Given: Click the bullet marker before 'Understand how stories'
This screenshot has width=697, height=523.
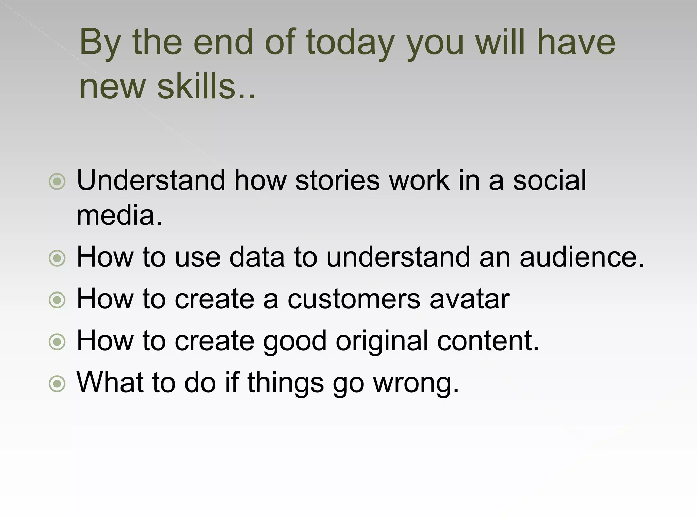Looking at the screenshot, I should pos(57,181).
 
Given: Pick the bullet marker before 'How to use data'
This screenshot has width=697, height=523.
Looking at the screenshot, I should pos(57,258).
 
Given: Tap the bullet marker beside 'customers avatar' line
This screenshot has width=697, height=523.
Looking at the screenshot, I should pos(57,300).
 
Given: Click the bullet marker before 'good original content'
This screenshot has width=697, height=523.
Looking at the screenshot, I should pos(57,342).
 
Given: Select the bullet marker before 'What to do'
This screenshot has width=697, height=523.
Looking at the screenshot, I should pos(57,384).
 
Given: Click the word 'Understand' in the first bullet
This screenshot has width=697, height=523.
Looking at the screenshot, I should pos(151,180).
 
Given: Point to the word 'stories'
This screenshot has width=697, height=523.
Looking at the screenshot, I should pos(337,180).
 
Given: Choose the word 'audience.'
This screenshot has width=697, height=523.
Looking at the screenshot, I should pos(582,257).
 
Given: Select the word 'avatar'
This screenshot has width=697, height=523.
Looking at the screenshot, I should pos(469,299).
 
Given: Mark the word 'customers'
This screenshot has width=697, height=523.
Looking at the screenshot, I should pos(354,299).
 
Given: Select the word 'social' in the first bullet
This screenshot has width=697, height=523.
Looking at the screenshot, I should pos(549,180).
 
